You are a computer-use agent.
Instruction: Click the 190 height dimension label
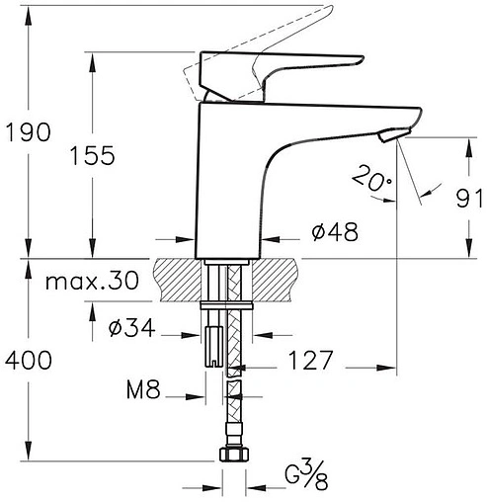(x=29, y=132)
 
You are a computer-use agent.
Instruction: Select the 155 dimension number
(x=93, y=155)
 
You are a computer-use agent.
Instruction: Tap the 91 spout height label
(x=469, y=199)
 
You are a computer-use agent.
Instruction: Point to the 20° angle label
(x=372, y=178)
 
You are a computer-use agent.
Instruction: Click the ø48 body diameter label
(x=335, y=232)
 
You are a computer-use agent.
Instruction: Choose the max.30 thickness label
(x=92, y=281)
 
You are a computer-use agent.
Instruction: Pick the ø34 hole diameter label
(x=131, y=328)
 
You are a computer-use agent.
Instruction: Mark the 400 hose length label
(x=29, y=360)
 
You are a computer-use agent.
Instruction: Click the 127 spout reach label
(x=311, y=360)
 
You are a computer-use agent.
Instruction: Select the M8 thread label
(x=143, y=389)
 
